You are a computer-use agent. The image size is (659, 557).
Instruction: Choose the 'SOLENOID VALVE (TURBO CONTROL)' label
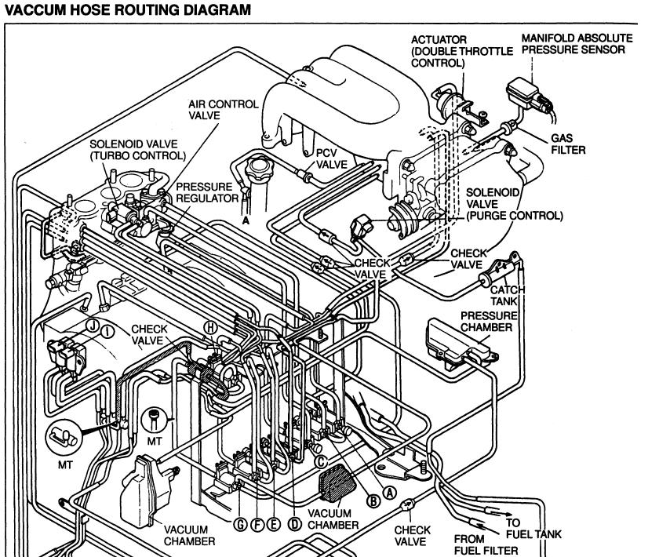coord(137,150)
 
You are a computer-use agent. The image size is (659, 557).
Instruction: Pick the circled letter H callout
coord(209,326)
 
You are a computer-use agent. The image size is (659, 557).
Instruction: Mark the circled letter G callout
coord(243,523)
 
